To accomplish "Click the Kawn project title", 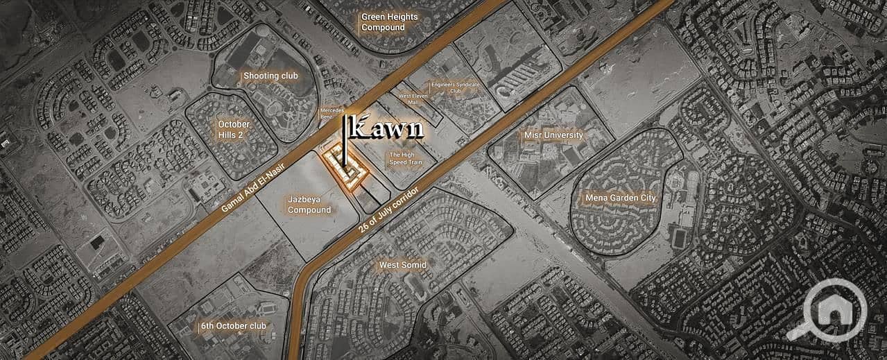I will coord(388,128).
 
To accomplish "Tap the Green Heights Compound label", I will coord(383,22).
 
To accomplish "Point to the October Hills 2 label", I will coord(233,129).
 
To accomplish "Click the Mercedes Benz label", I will coord(328,114).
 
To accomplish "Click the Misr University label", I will coord(554,135).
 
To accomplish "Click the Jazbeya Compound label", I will coord(309,205).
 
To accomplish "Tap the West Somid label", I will coord(402,265).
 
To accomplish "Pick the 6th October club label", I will coord(233,325).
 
